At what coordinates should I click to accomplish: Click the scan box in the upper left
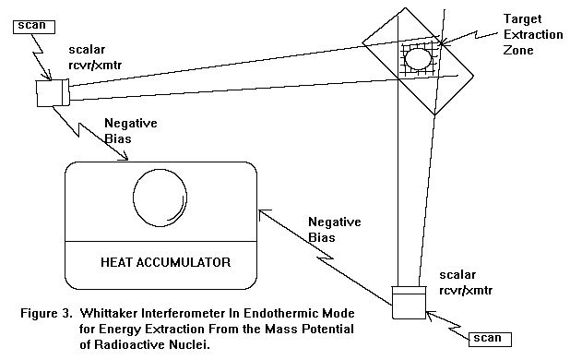click(34, 27)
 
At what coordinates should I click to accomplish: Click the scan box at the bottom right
click(490, 340)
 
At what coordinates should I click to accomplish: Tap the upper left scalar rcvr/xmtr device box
click(53, 93)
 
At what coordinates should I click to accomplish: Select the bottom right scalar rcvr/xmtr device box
click(409, 302)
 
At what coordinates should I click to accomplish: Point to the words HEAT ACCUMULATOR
click(165, 262)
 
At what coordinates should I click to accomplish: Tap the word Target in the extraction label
click(522, 18)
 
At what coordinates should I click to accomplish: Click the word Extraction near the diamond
click(533, 35)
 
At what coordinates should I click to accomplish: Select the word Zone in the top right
click(518, 50)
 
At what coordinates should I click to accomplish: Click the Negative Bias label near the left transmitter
click(130, 131)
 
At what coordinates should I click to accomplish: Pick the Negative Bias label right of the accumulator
click(335, 230)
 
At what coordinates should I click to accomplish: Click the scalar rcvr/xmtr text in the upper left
click(95, 57)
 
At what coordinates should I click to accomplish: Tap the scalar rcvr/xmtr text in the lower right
click(466, 282)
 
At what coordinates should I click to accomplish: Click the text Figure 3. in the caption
click(46, 313)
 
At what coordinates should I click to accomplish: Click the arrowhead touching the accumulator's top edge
click(125, 156)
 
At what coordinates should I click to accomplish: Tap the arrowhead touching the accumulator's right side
click(264, 214)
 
